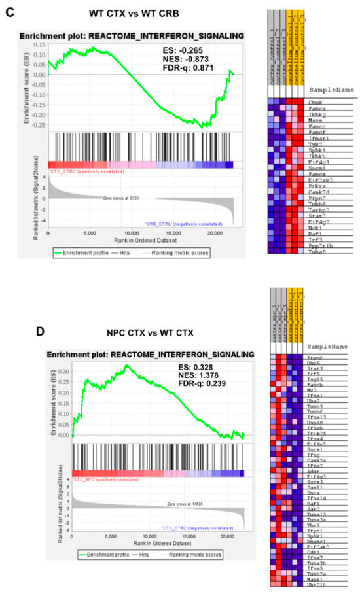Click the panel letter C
pyautogui.click(x=9, y=12)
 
